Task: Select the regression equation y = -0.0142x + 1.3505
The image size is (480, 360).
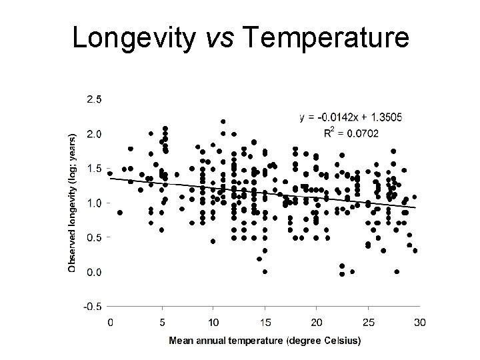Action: (x=351, y=117)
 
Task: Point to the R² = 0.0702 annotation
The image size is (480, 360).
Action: (x=351, y=133)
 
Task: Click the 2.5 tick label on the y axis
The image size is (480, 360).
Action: (x=93, y=99)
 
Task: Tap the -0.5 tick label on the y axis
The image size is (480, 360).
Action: (x=92, y=307)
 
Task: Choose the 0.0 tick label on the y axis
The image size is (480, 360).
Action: (x=93, y=272)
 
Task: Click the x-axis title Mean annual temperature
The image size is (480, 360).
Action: (x=265, y=341)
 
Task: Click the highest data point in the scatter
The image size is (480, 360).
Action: (x=223, y=122)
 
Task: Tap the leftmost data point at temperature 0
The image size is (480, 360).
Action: (x=110, y=173)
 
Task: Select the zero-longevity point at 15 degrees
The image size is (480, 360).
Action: (x=265, y=271)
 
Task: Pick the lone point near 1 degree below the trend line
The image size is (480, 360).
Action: (x=120, y=213)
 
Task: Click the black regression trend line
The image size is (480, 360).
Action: (x=267, y=193)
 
